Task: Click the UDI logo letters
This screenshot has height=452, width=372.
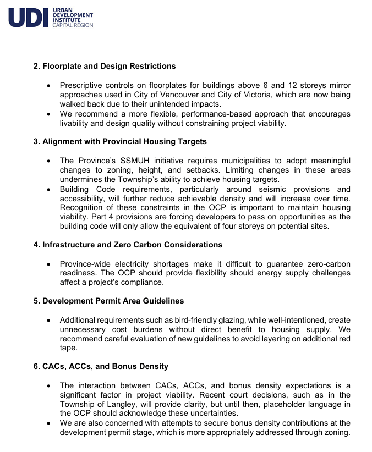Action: [x=28, y=18]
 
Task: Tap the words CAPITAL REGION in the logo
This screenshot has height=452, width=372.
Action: [x=73, y=25]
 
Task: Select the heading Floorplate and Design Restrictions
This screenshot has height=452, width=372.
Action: [x=105, y=66]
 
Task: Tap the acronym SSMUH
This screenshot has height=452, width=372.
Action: [x=129, y=161]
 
